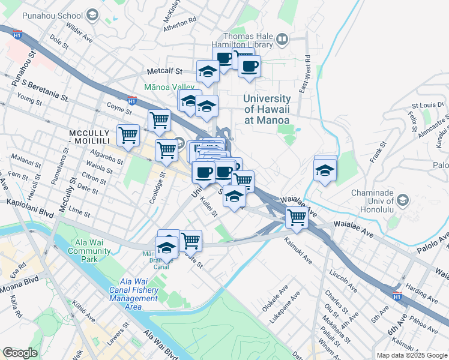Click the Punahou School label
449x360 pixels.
tap(57, 14)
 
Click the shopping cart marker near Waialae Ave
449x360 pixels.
tap(297, 217)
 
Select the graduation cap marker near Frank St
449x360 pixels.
tap(325, 170)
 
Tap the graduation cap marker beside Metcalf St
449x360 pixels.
tap(208, 71)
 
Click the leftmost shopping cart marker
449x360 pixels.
tap(128, 136)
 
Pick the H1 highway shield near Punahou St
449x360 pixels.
tap(17, 35)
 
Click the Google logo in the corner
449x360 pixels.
tap(20, 353)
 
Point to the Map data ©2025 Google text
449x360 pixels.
tap(411, 355)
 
